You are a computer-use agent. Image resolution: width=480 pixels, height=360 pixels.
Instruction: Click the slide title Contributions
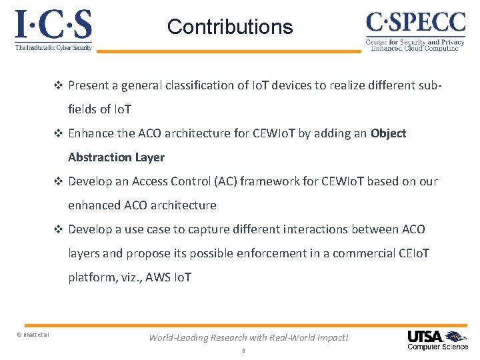[230, 27]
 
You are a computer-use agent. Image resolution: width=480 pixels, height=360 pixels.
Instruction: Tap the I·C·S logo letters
[53, 25]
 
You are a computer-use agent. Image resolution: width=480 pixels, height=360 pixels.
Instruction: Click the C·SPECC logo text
[415, 23]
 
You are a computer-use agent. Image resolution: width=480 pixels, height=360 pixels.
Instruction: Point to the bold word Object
[388, 133]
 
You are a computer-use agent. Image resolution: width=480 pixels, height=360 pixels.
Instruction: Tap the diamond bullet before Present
[58, 85]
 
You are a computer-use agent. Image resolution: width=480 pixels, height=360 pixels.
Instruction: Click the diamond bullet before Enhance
[58, 133]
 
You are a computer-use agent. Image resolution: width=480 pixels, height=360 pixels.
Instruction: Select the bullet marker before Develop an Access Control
[58, 181]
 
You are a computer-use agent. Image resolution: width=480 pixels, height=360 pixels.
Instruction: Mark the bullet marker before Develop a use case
[58, 229]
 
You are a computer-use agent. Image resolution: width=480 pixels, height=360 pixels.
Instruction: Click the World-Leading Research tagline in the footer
[249, 337]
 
